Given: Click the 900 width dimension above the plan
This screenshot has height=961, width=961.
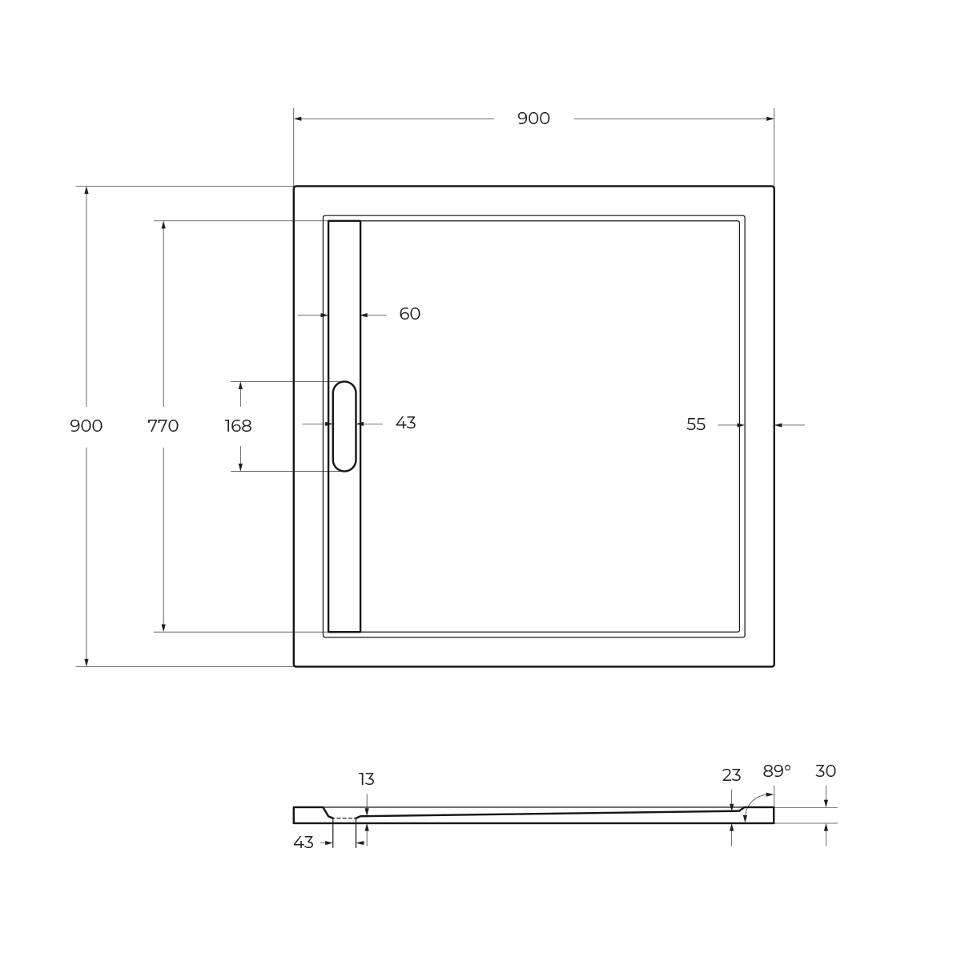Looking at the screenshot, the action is pyautogui.click(x=533, y=119).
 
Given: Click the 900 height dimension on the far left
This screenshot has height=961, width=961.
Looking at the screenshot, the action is pyautogui.click(x=86, y=426).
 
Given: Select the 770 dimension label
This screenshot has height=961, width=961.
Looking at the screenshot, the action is pyautogui.click(x=163, y=426).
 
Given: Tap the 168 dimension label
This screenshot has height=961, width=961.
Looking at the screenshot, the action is pyautogui.click(x=239, y=426).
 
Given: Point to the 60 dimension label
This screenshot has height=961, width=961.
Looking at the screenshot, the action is pyautogui.click(x=410, y=314).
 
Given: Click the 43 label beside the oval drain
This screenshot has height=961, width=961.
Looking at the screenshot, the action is pyautogui.click(x=405, y=423).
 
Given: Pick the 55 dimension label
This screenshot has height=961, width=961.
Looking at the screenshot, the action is pyautogui.click(x=696, y=424).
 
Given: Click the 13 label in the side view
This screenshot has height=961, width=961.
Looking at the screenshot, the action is pyautogui.click(x=367, y=779).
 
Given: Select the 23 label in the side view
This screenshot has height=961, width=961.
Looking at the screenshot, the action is pyautogui.click(x=732, y=775).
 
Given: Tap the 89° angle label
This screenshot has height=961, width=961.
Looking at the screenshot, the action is pyautogui.click(x=777, y=771).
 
